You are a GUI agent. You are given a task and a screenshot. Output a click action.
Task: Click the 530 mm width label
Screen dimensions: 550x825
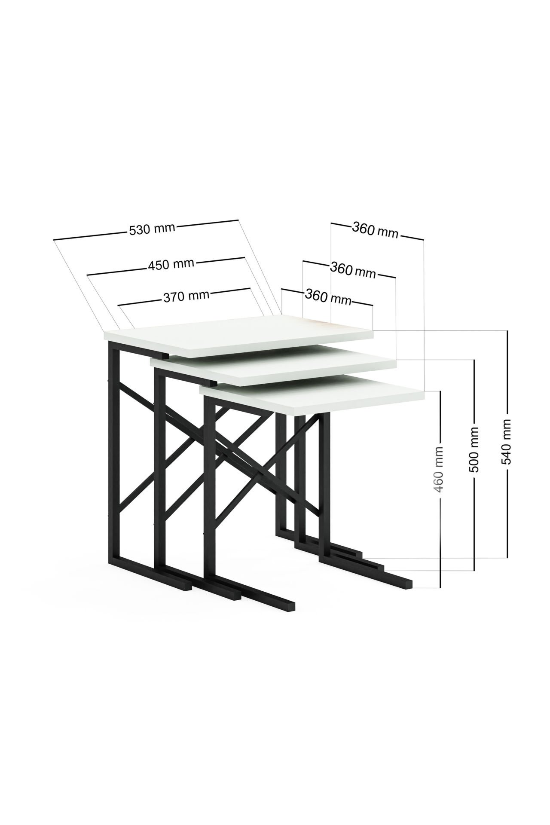click(152, 229)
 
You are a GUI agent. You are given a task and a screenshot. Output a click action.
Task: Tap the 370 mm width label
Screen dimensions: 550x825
click(186, 296)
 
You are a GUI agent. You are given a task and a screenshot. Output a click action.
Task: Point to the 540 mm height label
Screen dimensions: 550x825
click(507, 441)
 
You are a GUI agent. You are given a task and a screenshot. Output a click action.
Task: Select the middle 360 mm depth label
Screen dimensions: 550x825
click(353, 270)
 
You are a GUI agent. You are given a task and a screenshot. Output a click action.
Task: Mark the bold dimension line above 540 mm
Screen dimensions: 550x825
click(507, 374)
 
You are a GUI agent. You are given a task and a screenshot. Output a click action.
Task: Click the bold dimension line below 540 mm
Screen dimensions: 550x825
click(507, 511)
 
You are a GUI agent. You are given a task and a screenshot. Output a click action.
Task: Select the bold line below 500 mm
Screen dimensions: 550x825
click(474, 522)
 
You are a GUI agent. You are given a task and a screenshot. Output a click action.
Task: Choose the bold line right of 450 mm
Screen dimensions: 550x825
click(220, 260)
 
